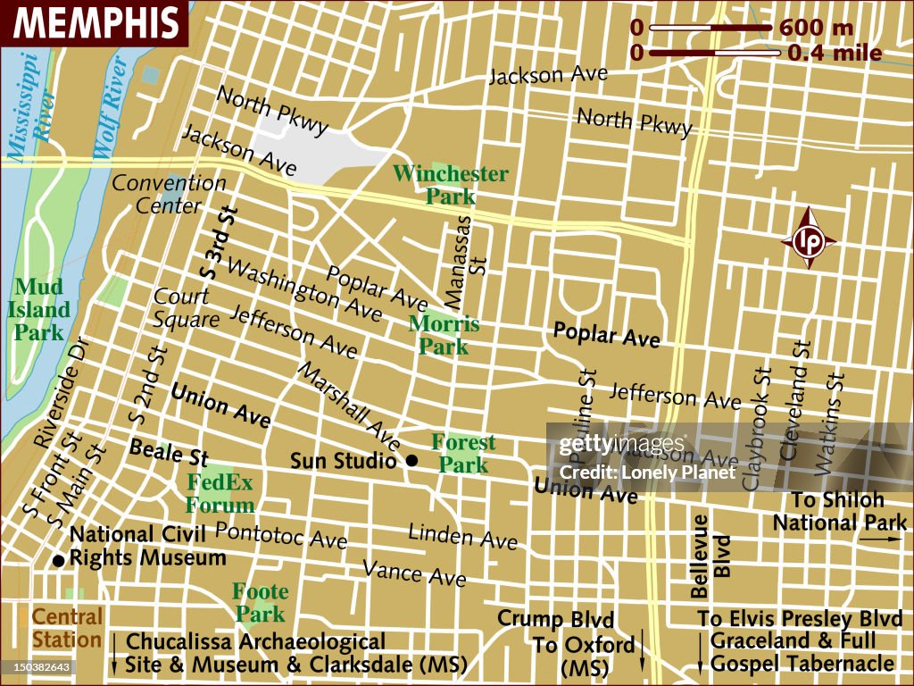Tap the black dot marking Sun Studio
(411, 461)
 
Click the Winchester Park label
(451, 184)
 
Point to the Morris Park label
(444, 335)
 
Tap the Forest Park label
(463, 453)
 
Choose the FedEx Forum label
(220, 494)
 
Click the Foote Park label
(260, 603)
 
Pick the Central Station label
(67, 628)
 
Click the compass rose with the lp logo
(809, 238)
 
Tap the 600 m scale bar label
(816, 28)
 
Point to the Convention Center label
(169, 195)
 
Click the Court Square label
(186, 308)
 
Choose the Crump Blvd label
(556, 619)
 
